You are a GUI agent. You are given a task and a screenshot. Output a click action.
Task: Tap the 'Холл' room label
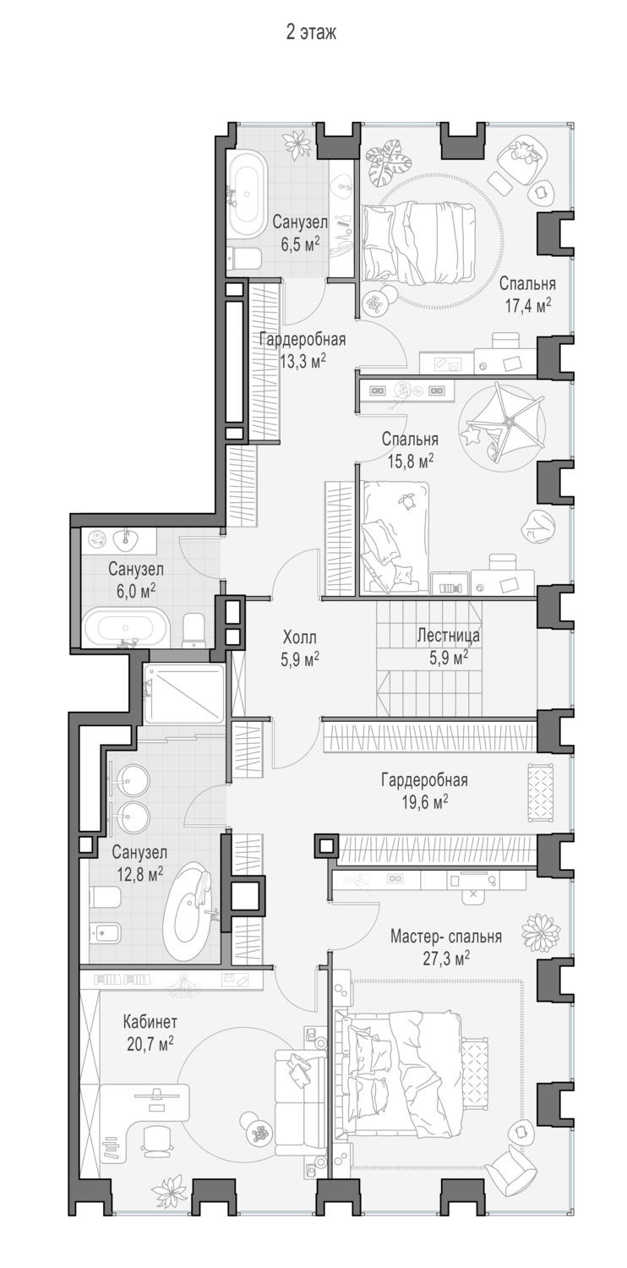click(x=300, y=637)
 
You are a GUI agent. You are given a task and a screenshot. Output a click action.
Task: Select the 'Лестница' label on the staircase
click(x=448, y=635)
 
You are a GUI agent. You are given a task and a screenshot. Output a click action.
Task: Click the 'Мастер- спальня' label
click(x=446, y=937)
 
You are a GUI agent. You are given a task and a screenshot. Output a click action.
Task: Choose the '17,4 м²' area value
click(x=528, y=306)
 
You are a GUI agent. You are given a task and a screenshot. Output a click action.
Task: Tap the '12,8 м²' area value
click(x=139, y=874)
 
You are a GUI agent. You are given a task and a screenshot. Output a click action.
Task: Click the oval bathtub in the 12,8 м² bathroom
click(x=188, y=910)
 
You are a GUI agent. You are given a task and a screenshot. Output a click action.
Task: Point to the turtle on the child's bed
click(x=406, y=500)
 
